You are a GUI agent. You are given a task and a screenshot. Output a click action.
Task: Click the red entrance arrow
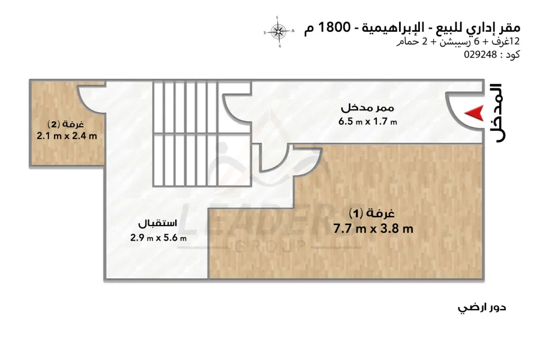coord(475,113)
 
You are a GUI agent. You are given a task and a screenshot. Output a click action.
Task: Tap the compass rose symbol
coord(278,32)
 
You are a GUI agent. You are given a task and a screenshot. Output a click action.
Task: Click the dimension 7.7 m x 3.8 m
coord(373,229)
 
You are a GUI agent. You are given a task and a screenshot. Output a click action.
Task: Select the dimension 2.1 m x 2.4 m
coord(67,136)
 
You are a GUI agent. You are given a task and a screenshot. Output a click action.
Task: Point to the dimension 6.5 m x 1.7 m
coord(367,121)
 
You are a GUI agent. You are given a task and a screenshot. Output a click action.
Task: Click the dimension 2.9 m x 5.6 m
coord(158,238)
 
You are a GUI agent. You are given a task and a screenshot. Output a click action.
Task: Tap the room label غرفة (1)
coord(371,213)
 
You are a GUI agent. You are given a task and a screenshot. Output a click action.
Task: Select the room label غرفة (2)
coord(65,124)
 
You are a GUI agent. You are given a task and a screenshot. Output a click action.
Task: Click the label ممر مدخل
coord(367,108)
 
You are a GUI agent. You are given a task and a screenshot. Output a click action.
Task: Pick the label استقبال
coord(158,223)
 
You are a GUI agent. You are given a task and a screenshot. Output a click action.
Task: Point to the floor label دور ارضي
coord(482,307)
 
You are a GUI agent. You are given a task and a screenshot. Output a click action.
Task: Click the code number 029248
coord(481,55)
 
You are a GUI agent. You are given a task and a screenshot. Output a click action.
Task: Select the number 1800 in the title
coord(334,27)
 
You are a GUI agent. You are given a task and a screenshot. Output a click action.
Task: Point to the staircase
coord(202,134)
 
